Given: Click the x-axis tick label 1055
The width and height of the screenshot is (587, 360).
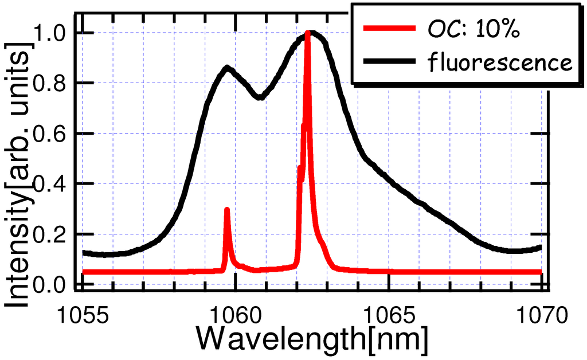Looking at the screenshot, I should (83, 314).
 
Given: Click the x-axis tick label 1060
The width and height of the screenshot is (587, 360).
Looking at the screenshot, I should (236, 314).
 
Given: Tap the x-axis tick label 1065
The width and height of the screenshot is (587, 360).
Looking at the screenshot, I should (389, 314).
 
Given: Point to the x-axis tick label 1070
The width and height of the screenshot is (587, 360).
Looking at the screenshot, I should (541, 314).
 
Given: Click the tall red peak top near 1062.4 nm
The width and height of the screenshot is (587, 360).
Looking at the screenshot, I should (308, 33).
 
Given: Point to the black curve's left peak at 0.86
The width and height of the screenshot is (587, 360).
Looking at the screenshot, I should (228, 68).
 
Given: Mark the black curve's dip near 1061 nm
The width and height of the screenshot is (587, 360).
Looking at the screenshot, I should (260, 97).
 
